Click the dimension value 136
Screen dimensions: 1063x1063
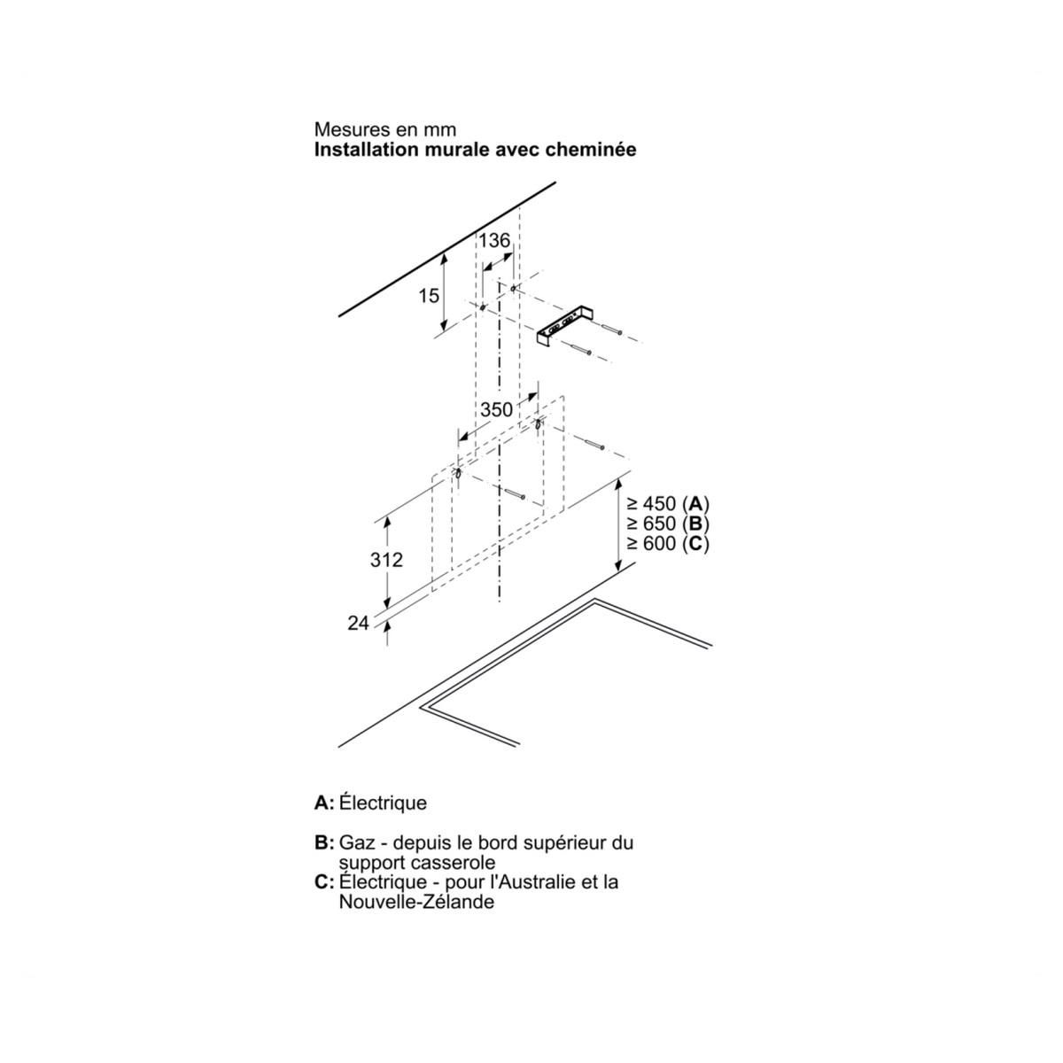tap(494, 240)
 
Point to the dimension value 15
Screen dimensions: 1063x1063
tap(429, 296)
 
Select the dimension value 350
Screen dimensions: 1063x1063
tap(496, 409)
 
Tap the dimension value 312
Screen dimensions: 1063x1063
tap(386, 560)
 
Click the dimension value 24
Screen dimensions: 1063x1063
tap(358, 624)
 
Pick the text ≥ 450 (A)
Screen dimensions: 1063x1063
tap(668, 504)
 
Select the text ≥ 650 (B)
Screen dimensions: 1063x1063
tap(668, 524)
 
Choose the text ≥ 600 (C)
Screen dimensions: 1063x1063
tap(668, 543)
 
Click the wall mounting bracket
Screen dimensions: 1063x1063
tap(563, 328)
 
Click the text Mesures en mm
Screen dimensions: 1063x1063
tap(385, 130)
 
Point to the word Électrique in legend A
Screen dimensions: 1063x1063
tap(383, 803)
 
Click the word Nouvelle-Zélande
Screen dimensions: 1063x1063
tap(416, 902)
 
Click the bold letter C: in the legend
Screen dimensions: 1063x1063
tap(324, 881)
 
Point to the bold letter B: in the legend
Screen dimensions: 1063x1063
tap(324, 842)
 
